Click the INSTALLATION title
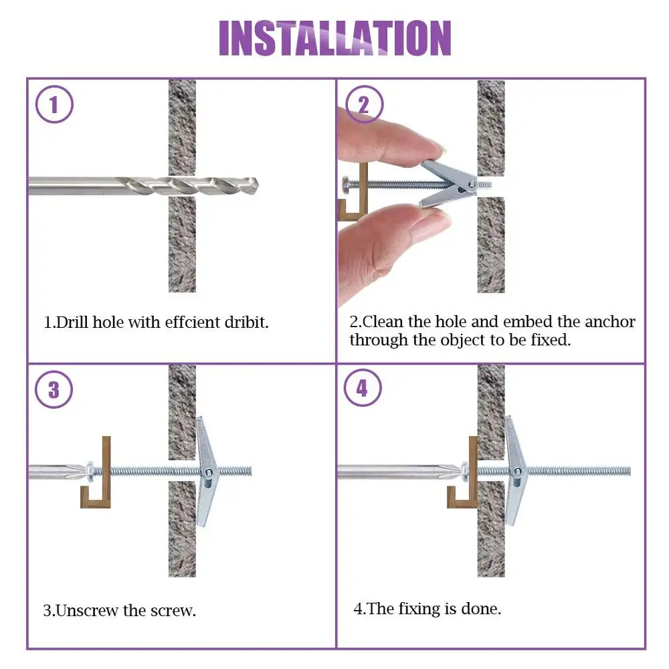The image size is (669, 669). click(x=334, y=38)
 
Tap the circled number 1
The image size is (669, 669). click(x=54, y=105)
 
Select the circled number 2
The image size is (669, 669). click(x=363, y=105)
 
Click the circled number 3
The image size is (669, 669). click(x=54, y=391)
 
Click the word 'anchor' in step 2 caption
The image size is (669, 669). click(x=609, y=322)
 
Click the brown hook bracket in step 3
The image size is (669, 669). click(x=98, y=475)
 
